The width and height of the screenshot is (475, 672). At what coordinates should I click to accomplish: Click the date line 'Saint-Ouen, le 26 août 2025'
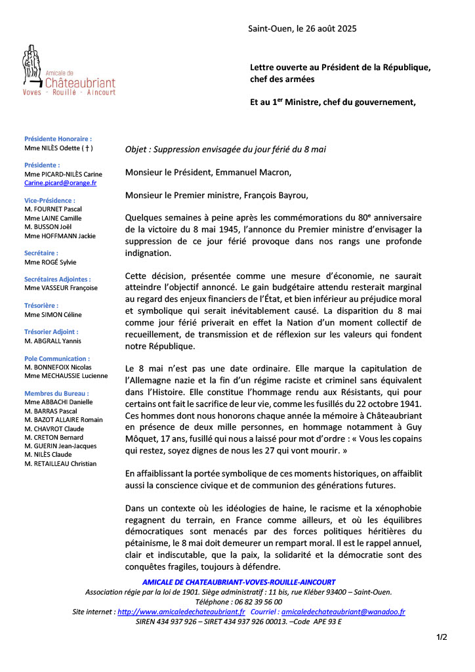coord(302,29)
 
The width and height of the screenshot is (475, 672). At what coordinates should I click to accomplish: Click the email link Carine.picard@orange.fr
coord(60,183)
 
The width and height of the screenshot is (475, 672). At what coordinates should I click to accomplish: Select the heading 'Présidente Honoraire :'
coord(58,139)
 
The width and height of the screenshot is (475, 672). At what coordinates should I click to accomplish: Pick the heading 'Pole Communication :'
coord(57,359)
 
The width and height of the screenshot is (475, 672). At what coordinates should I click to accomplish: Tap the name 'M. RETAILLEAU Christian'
coord(60,463)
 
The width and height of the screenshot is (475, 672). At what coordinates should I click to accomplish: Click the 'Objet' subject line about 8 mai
coord(226,150)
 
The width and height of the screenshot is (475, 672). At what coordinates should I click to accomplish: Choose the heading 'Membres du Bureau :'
coord(56,394)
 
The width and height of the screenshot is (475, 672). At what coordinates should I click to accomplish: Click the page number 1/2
coord(442,637)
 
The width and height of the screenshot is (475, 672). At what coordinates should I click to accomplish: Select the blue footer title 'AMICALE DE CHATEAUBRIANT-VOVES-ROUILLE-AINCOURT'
coord(239,582)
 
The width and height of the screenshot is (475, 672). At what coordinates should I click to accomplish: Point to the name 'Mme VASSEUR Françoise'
coord(61,287)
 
